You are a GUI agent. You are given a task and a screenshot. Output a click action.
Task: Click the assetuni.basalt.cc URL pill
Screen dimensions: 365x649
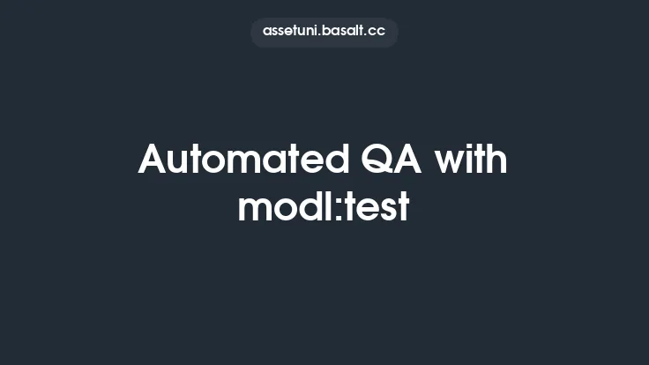(x=324, y=32)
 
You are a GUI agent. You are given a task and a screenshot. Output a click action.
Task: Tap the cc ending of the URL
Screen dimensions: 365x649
(x=377, y=32)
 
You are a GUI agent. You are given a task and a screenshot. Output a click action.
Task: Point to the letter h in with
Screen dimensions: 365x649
(x=497, y=160)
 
